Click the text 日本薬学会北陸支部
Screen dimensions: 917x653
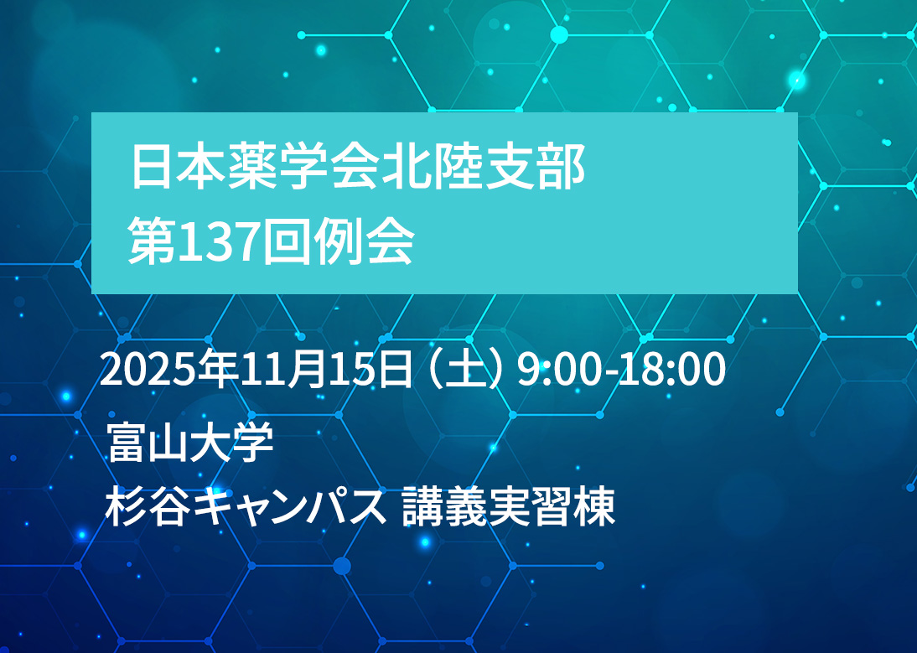pyautogui.click(x=358, y=168)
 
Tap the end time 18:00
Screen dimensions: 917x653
pyautogui.click(x=671, y=370)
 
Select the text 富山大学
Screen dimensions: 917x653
pyautogui.click(x=190, y=442)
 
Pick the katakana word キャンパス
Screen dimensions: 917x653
pyautogui.click(x=290, y=507)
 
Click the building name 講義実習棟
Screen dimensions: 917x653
pyautogui.click(x=509, y=507)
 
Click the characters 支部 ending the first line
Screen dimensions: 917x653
pyautogui.click(x=535, y=168)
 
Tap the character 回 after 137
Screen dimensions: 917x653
pyautogui.click(x=285, y=243)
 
